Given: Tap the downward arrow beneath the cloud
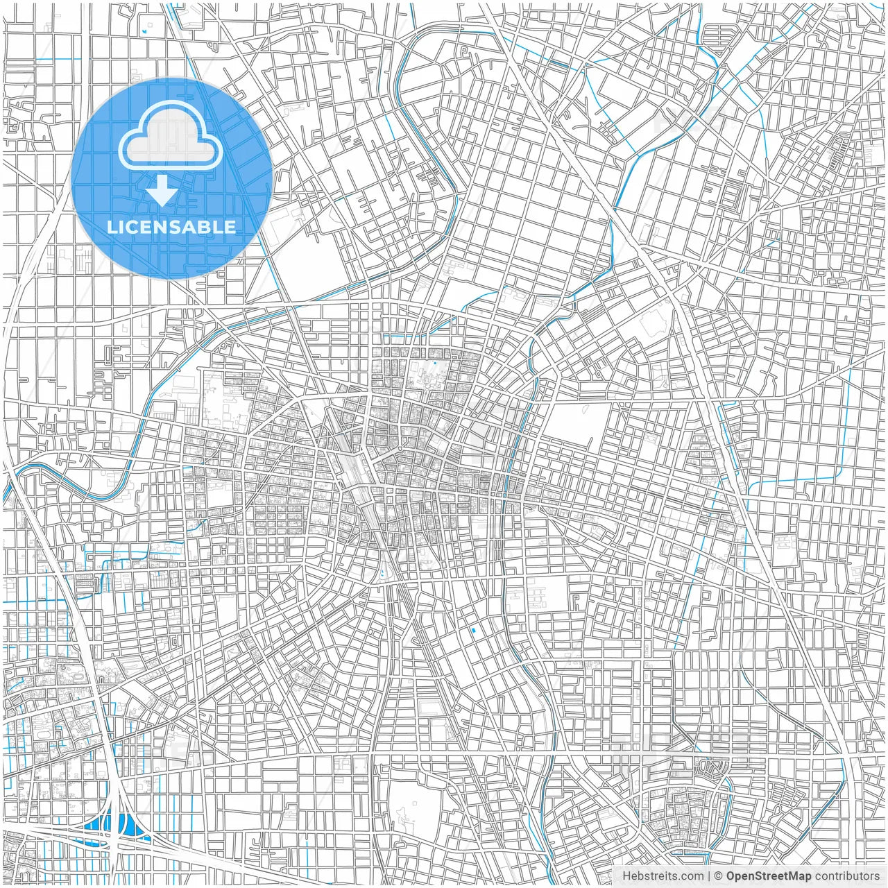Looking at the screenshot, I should [162, 191].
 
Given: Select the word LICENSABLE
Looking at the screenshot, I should [171, 227].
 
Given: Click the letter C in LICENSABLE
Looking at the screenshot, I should [137, 227].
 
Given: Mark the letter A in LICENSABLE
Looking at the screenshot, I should [197, 227].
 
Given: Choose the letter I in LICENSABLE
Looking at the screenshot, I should [126, 227].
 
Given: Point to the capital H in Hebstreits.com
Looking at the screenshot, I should [626, 876].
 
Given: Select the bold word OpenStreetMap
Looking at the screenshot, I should [769, 876].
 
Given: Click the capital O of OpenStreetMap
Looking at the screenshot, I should [731, 876].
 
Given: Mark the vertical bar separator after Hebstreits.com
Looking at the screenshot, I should [709, 876].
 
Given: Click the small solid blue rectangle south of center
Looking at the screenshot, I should [474, 630].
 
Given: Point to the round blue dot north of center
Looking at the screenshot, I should [434, 363].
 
